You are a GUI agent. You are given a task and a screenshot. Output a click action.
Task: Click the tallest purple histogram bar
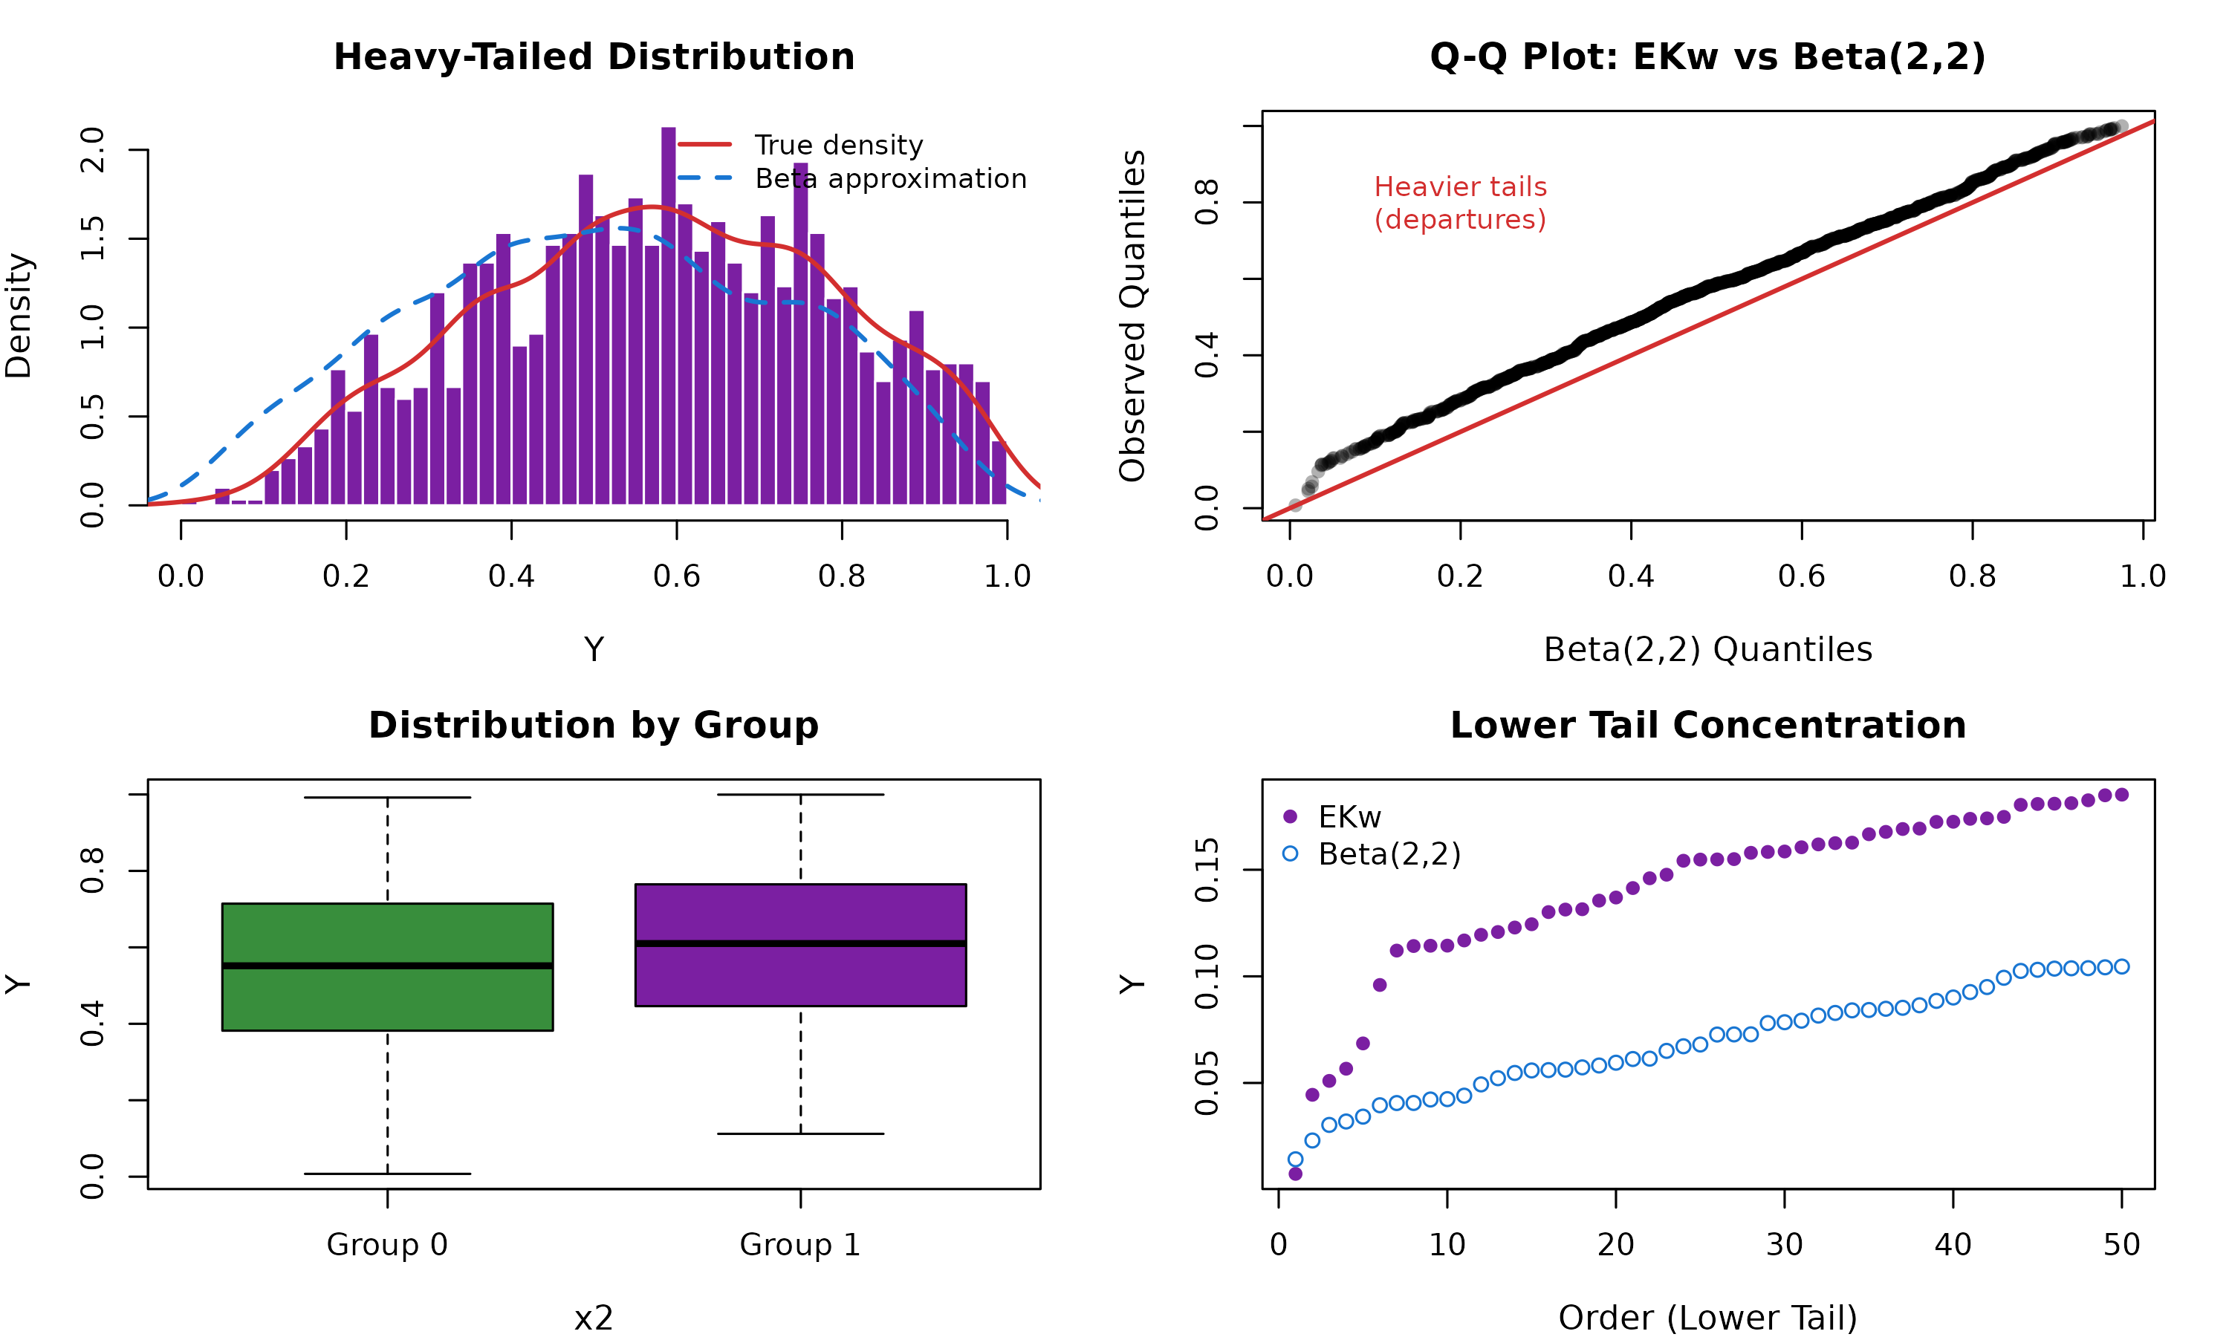tap(668, 316)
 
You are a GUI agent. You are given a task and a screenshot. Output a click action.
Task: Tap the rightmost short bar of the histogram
tap(999, 473)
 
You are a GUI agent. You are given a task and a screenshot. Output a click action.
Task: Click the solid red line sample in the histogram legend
tap(704, 144)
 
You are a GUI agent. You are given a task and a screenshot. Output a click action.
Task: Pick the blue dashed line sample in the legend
tap(704, 178)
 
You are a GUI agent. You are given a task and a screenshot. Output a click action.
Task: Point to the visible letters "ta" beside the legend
tap(801, 179)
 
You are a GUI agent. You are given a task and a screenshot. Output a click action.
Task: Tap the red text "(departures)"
tap(1459, 220)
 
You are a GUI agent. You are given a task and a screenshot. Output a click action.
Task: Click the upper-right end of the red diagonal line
tap(2152, 122)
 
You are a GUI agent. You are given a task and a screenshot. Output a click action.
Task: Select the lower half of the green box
tap(387, 999)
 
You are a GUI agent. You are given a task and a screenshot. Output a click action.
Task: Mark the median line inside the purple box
tap(800, 943)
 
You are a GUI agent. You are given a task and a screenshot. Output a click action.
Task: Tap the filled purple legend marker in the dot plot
tap(1289, 816)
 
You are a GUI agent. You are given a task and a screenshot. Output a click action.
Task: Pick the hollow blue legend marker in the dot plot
tap(1289, 853)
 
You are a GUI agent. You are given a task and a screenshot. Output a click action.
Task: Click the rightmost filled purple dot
tap(2121, 795)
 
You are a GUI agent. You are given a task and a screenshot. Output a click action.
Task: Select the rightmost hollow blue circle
tap(2121, 966)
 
